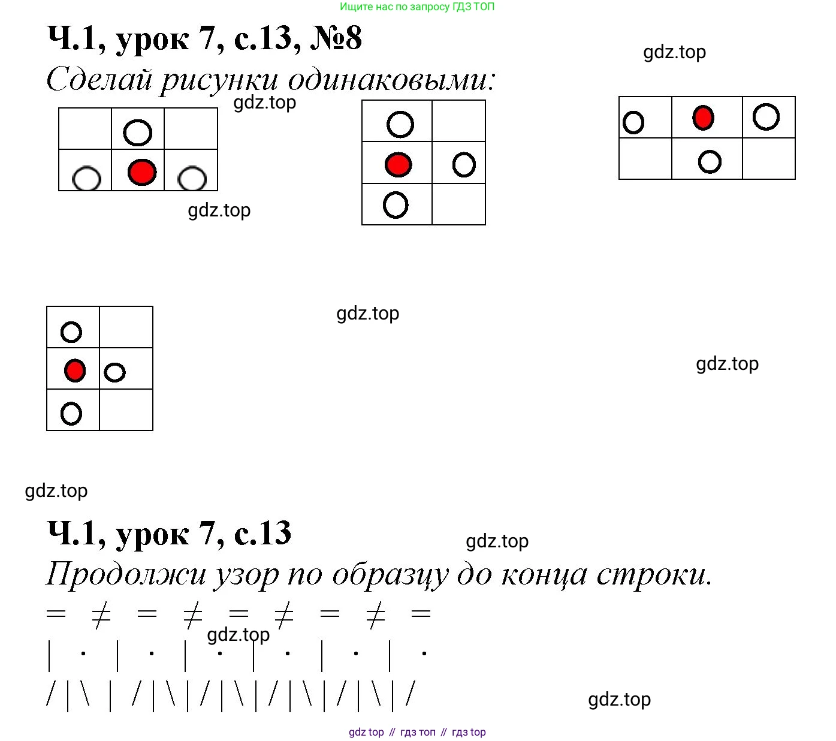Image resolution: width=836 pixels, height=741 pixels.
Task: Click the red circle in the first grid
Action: [142, 172]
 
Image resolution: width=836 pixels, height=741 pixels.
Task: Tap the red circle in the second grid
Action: [398, 164]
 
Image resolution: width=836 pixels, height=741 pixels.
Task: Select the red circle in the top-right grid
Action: [703, 118]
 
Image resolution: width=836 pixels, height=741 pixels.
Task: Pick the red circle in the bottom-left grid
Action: [75, 370]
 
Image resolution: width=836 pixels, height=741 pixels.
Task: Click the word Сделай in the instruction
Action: [99, 80]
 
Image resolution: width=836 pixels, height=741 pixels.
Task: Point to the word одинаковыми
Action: [392, 80]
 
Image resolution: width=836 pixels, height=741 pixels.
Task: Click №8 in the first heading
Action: [336, 38]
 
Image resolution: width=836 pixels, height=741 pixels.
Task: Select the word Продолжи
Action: [126, 574]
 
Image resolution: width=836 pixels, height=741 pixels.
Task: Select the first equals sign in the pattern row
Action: [56, 613]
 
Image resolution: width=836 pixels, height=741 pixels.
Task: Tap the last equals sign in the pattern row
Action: [421, 613]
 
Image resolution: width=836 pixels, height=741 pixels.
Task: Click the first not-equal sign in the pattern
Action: [101, 615]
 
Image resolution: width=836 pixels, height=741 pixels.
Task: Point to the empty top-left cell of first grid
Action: [85, 129]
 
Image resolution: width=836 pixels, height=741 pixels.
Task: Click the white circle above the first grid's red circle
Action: [138, 132]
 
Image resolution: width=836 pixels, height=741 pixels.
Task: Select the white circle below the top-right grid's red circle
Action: [710, 161]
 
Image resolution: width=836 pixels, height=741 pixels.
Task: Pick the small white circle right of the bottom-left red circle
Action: [114, 372]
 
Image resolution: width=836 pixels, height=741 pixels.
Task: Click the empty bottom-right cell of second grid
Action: [458, 204]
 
